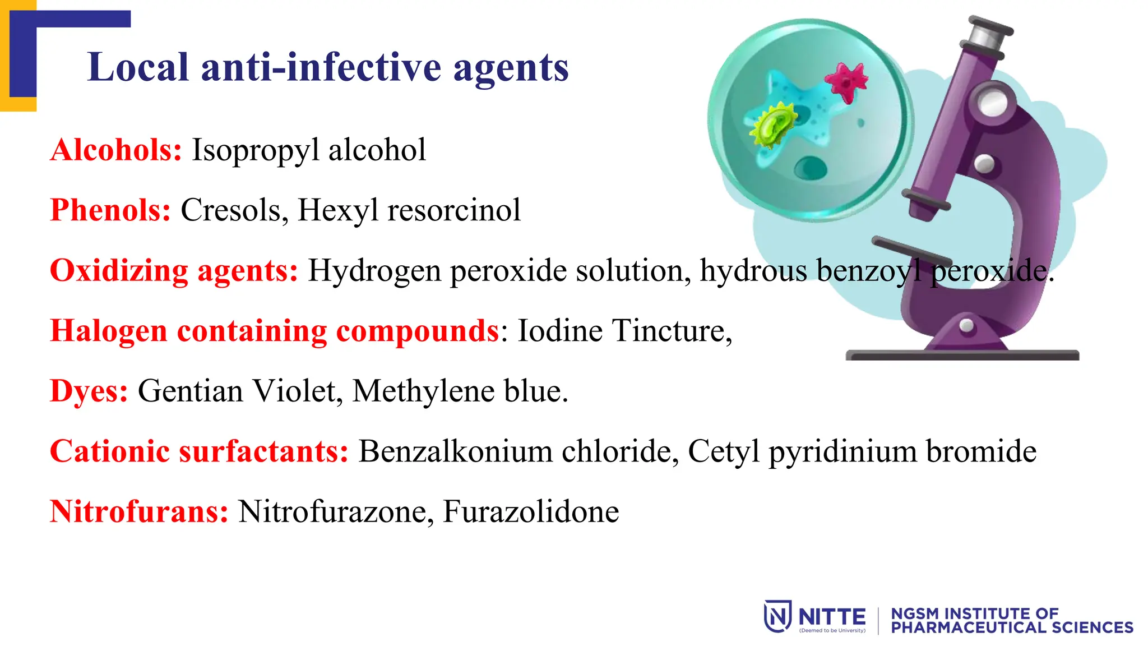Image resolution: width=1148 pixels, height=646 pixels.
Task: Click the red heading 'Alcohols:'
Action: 116,150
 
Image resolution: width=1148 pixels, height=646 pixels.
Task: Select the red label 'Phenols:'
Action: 110,210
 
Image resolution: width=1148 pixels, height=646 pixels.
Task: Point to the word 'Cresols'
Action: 230,210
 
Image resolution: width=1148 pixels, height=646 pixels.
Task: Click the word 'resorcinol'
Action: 453,210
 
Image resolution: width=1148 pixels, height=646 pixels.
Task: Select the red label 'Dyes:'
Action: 89,391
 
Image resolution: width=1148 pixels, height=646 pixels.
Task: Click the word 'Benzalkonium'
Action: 455,451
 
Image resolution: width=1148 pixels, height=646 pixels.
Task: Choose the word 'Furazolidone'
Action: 531,511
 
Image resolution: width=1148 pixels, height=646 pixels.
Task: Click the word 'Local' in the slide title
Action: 138,67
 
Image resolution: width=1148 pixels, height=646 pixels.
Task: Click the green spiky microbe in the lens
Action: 773,124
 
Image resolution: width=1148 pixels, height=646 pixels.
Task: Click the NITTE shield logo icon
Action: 777,616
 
